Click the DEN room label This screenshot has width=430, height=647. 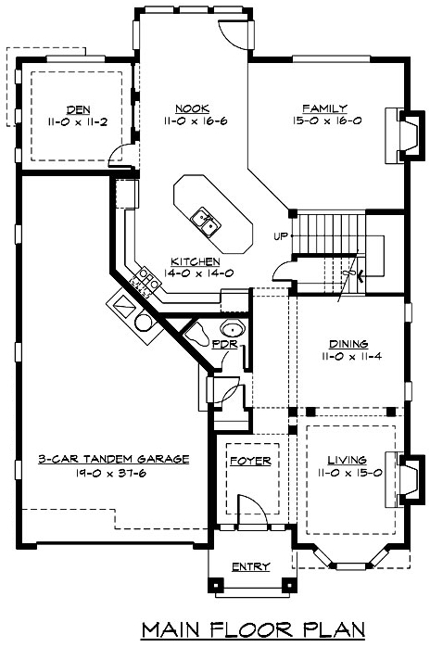[x=79, y=109]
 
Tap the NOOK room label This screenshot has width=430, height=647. [x=193, y=108]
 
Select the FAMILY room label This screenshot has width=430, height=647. [x=324, y=108]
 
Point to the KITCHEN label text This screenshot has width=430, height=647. [x=196, y=261]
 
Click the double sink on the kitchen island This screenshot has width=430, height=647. [x=206, y=222]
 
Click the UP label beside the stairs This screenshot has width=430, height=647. [x=280, y=236]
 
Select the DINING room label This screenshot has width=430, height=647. [x=348, y=344]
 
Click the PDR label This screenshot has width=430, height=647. [x=225, y=344]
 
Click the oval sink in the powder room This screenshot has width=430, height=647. [x=234, y=330]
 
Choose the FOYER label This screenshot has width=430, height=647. [x=250, y=461]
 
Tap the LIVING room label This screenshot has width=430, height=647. [x=347, y=460]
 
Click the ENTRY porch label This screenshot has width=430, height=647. [x=251, y=566]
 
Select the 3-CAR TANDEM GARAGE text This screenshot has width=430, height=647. [x=113, y=459]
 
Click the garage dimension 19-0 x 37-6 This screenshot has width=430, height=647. [x=110, y=473]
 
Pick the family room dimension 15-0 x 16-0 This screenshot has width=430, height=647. [x=327, y=121]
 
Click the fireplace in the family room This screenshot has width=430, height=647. [x=405, y=135]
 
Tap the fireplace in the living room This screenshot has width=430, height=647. [x=405, y=480]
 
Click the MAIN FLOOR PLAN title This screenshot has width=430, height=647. [x=253, y=629]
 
